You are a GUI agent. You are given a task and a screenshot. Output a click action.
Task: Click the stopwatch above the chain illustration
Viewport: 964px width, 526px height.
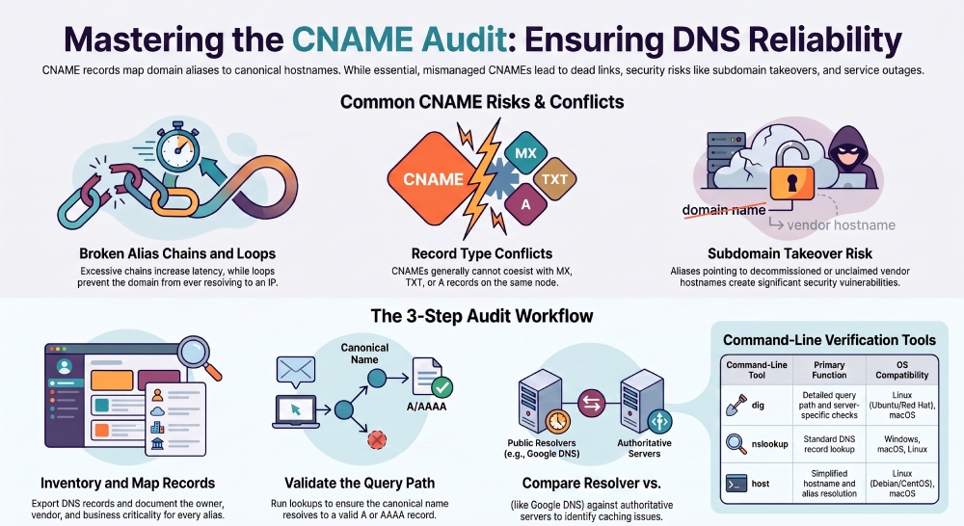click(177, 147)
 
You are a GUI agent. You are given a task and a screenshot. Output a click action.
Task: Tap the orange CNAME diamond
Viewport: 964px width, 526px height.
click(434, 179)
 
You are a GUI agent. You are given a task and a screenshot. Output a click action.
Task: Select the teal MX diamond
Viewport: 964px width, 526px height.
click(525, 153)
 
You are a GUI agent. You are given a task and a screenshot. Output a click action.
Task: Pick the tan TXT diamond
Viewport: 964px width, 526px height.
click(554, 179)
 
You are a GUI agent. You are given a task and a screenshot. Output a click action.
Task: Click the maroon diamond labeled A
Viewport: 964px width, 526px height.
click(525, 204)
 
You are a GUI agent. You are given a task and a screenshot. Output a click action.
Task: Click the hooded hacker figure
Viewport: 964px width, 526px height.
click(848, 158)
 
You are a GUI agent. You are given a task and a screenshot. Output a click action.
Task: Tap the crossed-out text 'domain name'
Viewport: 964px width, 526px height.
click(724, 210)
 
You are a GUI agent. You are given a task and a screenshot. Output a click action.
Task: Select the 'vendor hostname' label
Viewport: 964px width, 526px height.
click(841, 224)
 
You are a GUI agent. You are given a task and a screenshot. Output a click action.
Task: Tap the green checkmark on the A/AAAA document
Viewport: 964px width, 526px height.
click(442, 387)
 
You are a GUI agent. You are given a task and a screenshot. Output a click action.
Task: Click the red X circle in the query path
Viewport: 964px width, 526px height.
click(376, 439)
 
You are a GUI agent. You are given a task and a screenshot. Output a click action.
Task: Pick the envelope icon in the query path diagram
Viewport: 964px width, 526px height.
click(296, 371)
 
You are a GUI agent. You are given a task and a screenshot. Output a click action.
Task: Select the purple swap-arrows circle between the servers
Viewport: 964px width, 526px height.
click(592, 403)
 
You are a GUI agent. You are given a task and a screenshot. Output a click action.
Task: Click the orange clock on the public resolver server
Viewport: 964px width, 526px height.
click(557, 422)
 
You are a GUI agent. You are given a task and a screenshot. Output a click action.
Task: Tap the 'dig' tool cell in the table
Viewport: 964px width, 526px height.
click(757, 405)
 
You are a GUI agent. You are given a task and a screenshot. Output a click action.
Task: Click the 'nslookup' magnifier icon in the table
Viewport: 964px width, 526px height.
click(736, 443)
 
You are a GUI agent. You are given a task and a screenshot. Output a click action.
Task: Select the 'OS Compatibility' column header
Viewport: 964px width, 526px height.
click(902, 370)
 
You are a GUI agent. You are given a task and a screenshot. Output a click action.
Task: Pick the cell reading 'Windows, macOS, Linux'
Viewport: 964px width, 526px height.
click(902, 444)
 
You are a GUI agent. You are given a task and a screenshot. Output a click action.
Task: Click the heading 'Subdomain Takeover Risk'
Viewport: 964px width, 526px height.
click(790, 253)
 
